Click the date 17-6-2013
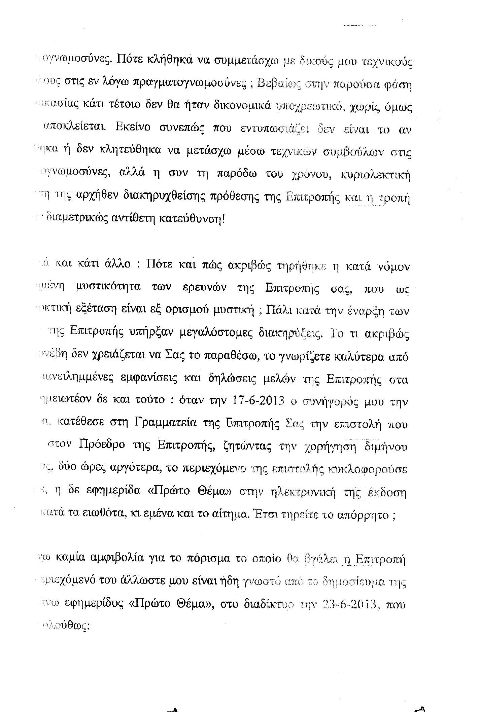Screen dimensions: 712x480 [258, 400]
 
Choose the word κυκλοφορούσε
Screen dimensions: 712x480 [368, 469]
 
